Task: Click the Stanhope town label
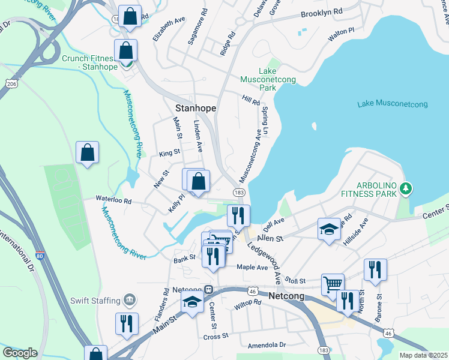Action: click(x=195, y=108)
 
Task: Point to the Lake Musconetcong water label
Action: click(x=392, y=104)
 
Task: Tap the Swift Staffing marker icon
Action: click(x=129, y=299)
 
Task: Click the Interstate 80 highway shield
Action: click(x=40, y=255)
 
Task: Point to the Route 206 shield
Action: click(x=10, y=83)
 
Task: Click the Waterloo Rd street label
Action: click(x=114, y=200)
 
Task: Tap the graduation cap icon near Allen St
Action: click(x=328, y=229)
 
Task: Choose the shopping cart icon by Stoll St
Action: click(x=333, y=283)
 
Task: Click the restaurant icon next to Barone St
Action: click(x=375, y=269)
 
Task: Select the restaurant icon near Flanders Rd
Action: click(x=127, y=323)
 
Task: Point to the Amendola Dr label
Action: click(x=267, y=346)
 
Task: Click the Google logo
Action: click(x=20, y=353)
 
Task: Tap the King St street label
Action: click(x=170, y=153)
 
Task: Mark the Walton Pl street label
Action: click(x=341, y=34)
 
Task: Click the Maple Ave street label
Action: click(x=252, y=266)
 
